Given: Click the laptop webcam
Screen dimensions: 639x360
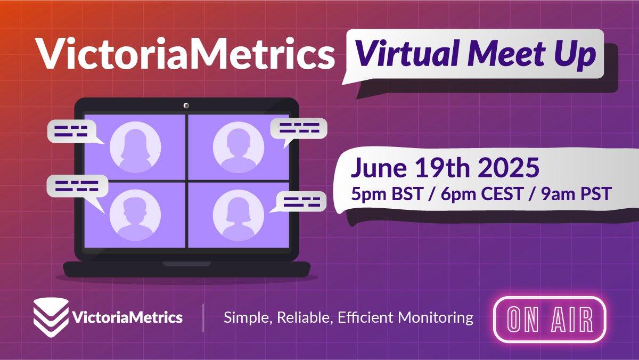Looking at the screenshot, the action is tap(186, 106).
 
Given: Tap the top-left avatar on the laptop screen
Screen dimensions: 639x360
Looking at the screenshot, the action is tap(135, 147).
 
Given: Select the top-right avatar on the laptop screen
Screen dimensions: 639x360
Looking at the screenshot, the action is tap(239, 147).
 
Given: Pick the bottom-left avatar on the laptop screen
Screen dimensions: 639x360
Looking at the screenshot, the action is tap(135, 215).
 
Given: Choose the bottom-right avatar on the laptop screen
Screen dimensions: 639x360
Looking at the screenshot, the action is tap(239, 215).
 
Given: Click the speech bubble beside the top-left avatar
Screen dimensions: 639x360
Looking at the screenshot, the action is tap(72, 131).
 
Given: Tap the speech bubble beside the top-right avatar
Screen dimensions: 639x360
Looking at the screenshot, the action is tap(299, 129).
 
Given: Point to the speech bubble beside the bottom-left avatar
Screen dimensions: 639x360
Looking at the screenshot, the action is tap(77, 186).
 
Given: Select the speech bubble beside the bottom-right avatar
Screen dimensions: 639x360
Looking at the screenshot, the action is tap(301, 202).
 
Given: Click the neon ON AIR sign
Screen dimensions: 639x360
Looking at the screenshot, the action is tap(550, 319).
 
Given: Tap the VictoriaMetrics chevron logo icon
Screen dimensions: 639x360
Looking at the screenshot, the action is tap(51, 317).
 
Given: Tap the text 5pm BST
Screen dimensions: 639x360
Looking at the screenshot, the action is tap(387, 194).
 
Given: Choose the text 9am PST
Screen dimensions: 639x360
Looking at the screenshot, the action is tap(576, 194).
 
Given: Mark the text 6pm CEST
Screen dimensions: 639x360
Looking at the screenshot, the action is tap(482, 194).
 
